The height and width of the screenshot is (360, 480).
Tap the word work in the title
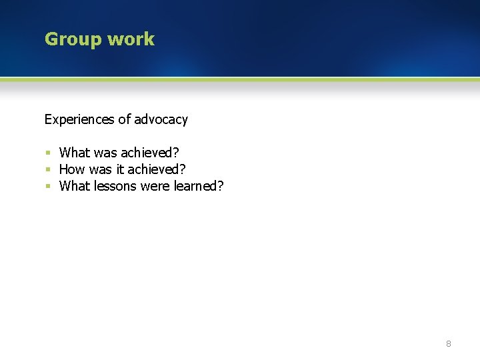pyautogui.click(x=131, y=39)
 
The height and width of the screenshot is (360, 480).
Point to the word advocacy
pyautogui.click(x=161, y=120)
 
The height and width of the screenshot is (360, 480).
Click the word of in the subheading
pyautogui.click(x=125, y=120)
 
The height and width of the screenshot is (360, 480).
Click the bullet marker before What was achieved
pyautogui.click(x=48, y=153)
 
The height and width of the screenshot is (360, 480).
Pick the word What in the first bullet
pyautogui.click(x=74, y=153)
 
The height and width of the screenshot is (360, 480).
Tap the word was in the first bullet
pyautogui.click(x=105, y=153)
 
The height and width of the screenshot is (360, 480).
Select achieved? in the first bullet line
pyautogui.click(x=150, y=153)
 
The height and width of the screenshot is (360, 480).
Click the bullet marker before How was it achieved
pyautogui.click(x=48, y=169)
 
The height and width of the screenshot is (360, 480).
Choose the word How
pyautogui.click(x=72, y=169)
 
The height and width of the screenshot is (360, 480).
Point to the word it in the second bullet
pyautogui.click(x=120, y=169)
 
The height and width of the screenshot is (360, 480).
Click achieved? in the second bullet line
pyautogui.click(x=157, y=169)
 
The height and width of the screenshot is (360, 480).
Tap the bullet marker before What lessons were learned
pyautogui.click(x=48, y=186)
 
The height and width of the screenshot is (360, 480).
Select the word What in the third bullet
pyautogui.click(x=74, y=186)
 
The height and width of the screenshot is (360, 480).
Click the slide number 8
pyautogui.click(x=448, y=344)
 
